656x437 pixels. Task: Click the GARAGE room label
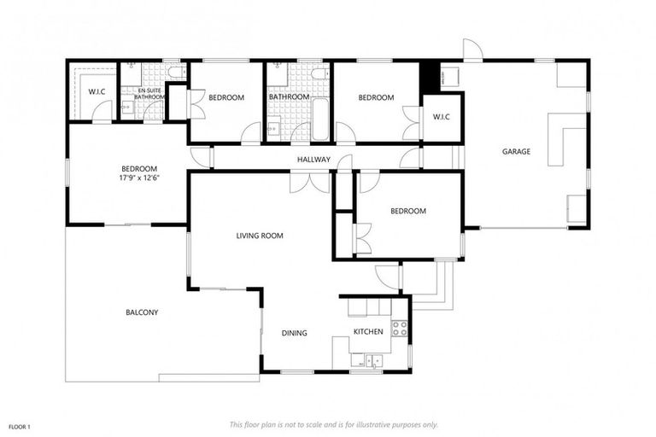(516, 151)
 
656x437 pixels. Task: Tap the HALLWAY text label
(313, 160)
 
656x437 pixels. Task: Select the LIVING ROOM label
(260, 236)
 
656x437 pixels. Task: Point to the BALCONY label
(141, 312)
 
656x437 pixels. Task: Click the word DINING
(294, 333)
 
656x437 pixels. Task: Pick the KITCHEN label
(369, 332)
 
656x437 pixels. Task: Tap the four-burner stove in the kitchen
(399, 327)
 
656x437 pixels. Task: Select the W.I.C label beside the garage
(441, 116)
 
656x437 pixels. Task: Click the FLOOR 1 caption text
(20, 426)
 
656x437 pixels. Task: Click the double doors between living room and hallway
(309, 182)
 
